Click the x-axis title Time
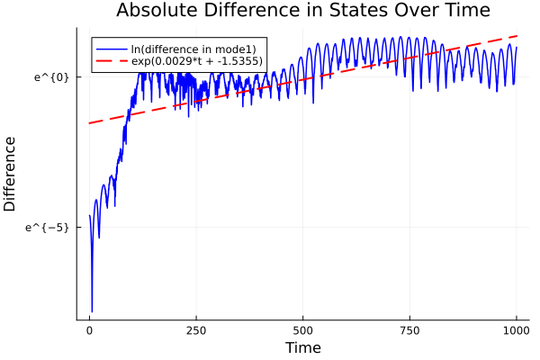pyautogui.click(x=302, y=347)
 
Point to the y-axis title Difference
pyautogui.click(x=11, y=174)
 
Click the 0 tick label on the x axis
pyautogui.click(x=89, y=331)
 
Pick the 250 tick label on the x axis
pyautogui.click(x=196, y=331)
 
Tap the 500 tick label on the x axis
pyautogui.click(x=303, y=331)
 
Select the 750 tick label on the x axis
pyautogui.click(x=409, y=331)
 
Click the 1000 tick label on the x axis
pyautogui.click(x=517, y=331)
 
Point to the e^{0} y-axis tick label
pyautogui.click(x=52, y=76)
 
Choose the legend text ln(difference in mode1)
pyautogui.click(x=194, y=48)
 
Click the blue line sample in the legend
pyautogui.click(x=112, y=48)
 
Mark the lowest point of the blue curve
pyautogui.click(x=92, y=311)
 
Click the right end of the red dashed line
pyautogui.click(x=517, y=36)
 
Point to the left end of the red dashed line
pyautogui.click(x=89, y=123)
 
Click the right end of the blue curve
pyautogui.click(x=517, y=46)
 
